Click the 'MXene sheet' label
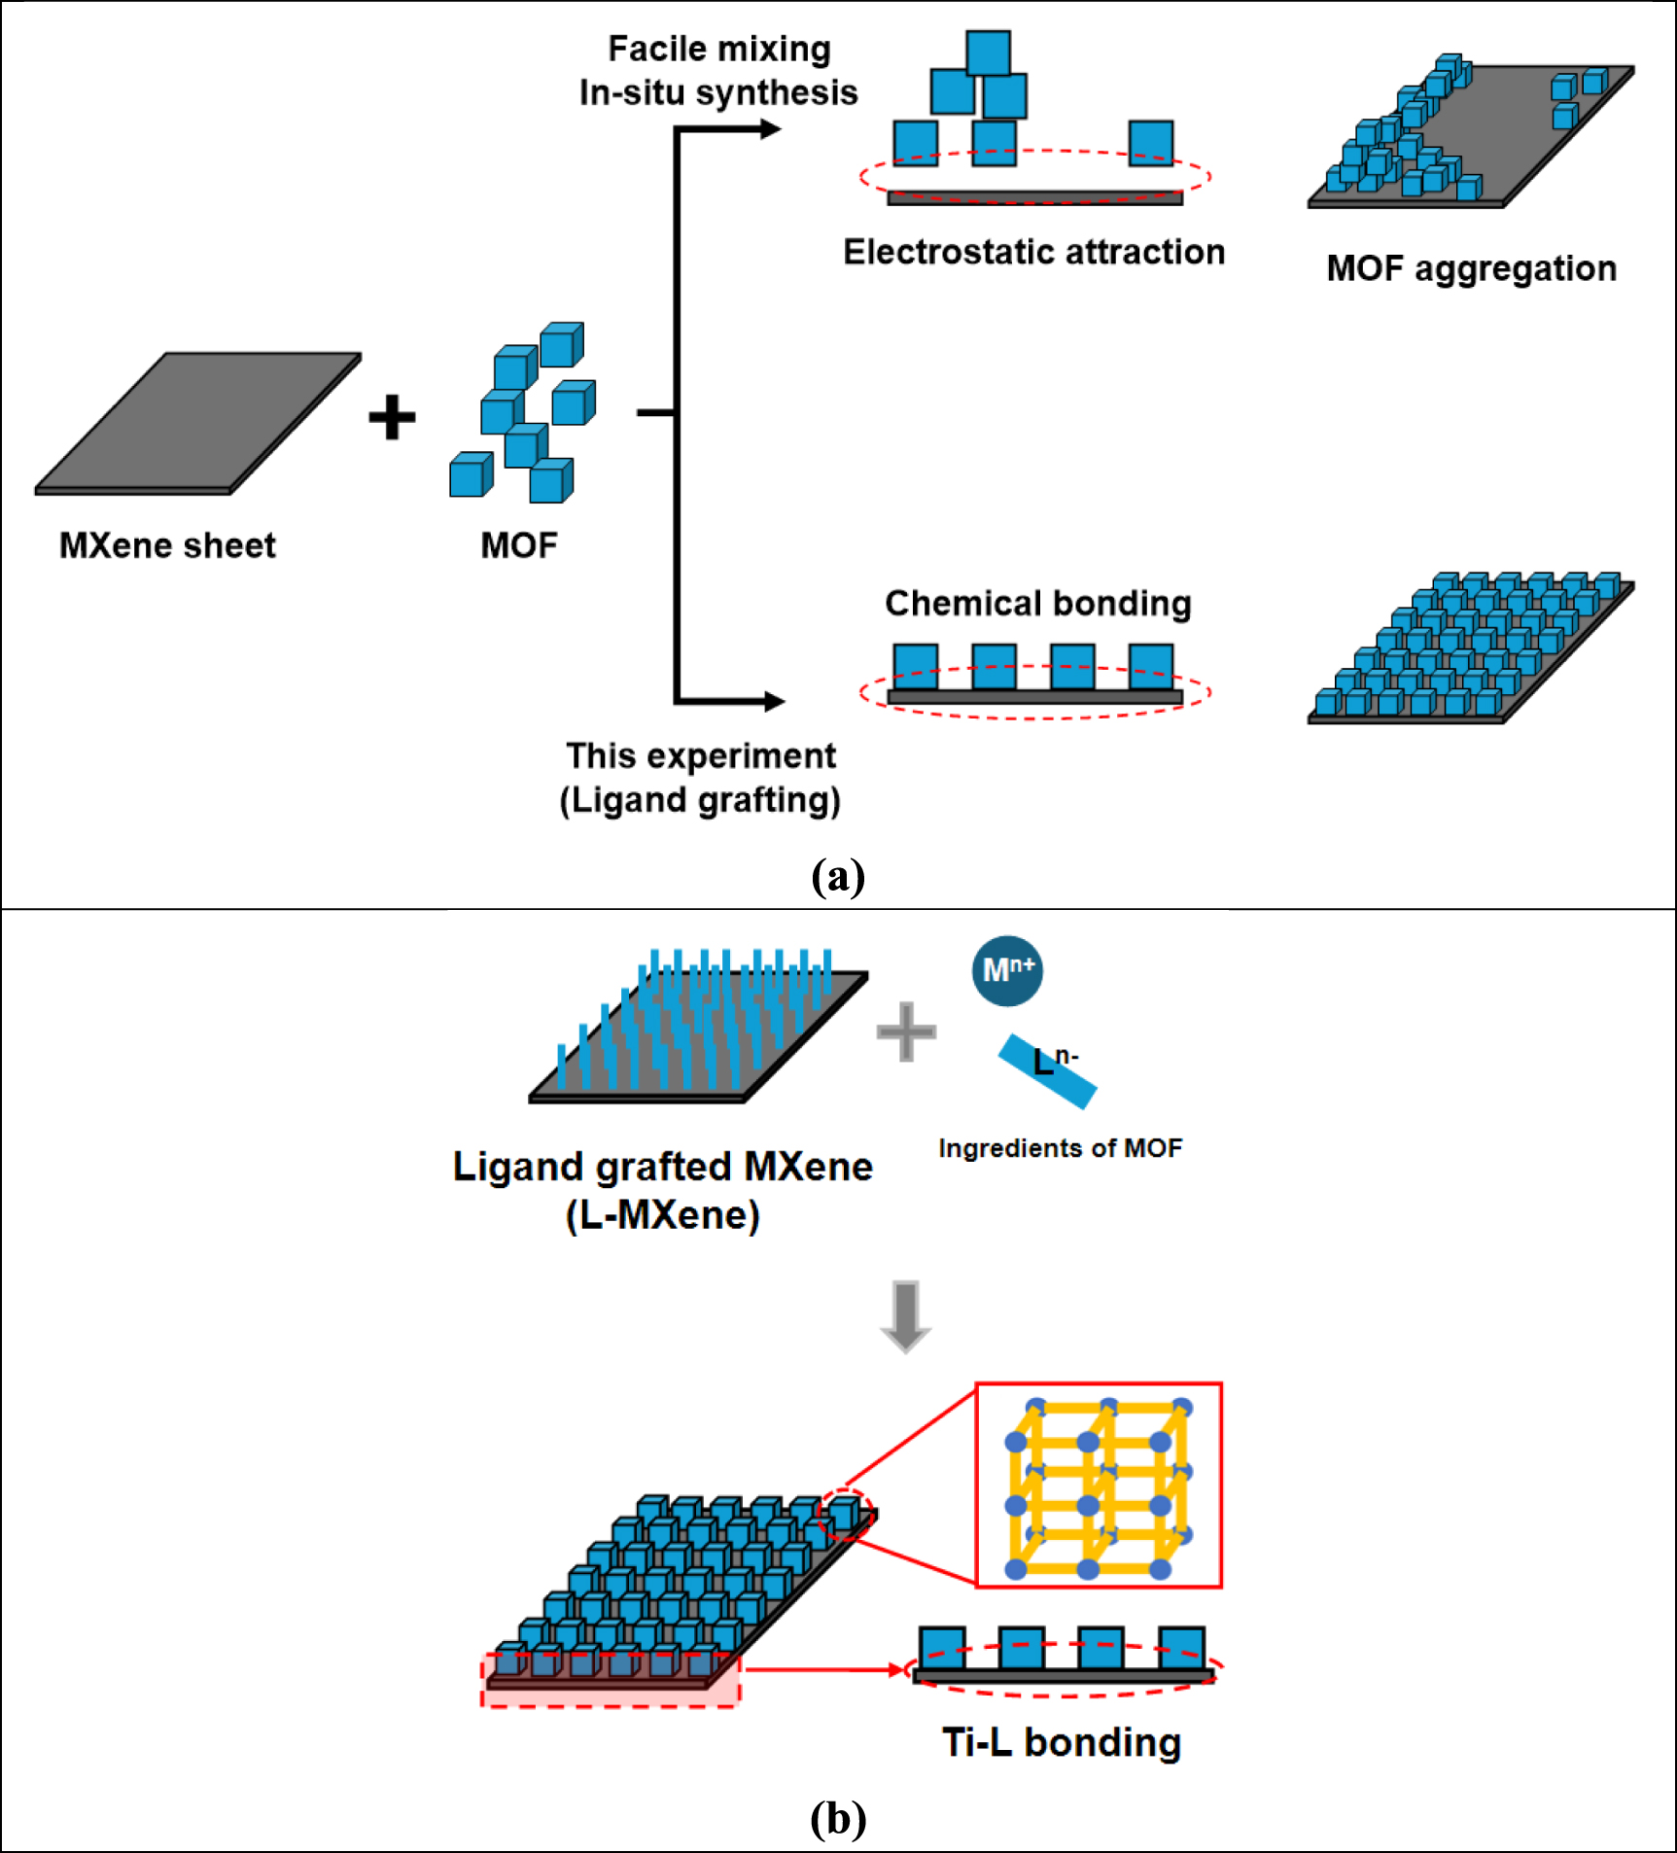pyautogui.click(x=167, y=545)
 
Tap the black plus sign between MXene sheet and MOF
pyautogui.click(x=392, y=417)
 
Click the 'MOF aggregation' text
pyautogui.click(x=1471, y=268)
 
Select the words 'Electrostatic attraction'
pyautogui.click(x=1033, y=252)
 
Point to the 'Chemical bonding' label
pyautogui.click(x=1037, y=603)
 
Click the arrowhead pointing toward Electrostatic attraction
pyautogui.click(x=770, y=129)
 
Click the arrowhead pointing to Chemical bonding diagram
pyautogui.click(x=774, y=701)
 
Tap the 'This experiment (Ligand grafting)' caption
pyautogui.click(x=700, y=778)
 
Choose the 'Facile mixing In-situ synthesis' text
pyautogui.click(x=718, y=70)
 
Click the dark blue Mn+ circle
pyautogui.click(x=1007, y=970)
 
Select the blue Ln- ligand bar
pyautogui.click(x=1048, y=1071)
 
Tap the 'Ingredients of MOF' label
pyautogui.click(x=1060, y=1148)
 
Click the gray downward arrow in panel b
pyautogui.click(x=905, y=1316)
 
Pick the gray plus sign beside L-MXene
pyautogui.click(x=906, y=1031)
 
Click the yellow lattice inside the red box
pyautogui.click(x=1099, y=1486)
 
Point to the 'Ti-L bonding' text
pyautogui.click(x=1062, y=1742)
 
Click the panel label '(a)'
pyautogui.click(x=837, y=876)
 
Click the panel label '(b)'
pyautogui.click(x=837, y=1817)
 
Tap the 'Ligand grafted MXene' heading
pyautogui.click(x=662, y=1167)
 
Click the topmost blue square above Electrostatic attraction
pyautogui.click(x=988, y=52)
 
